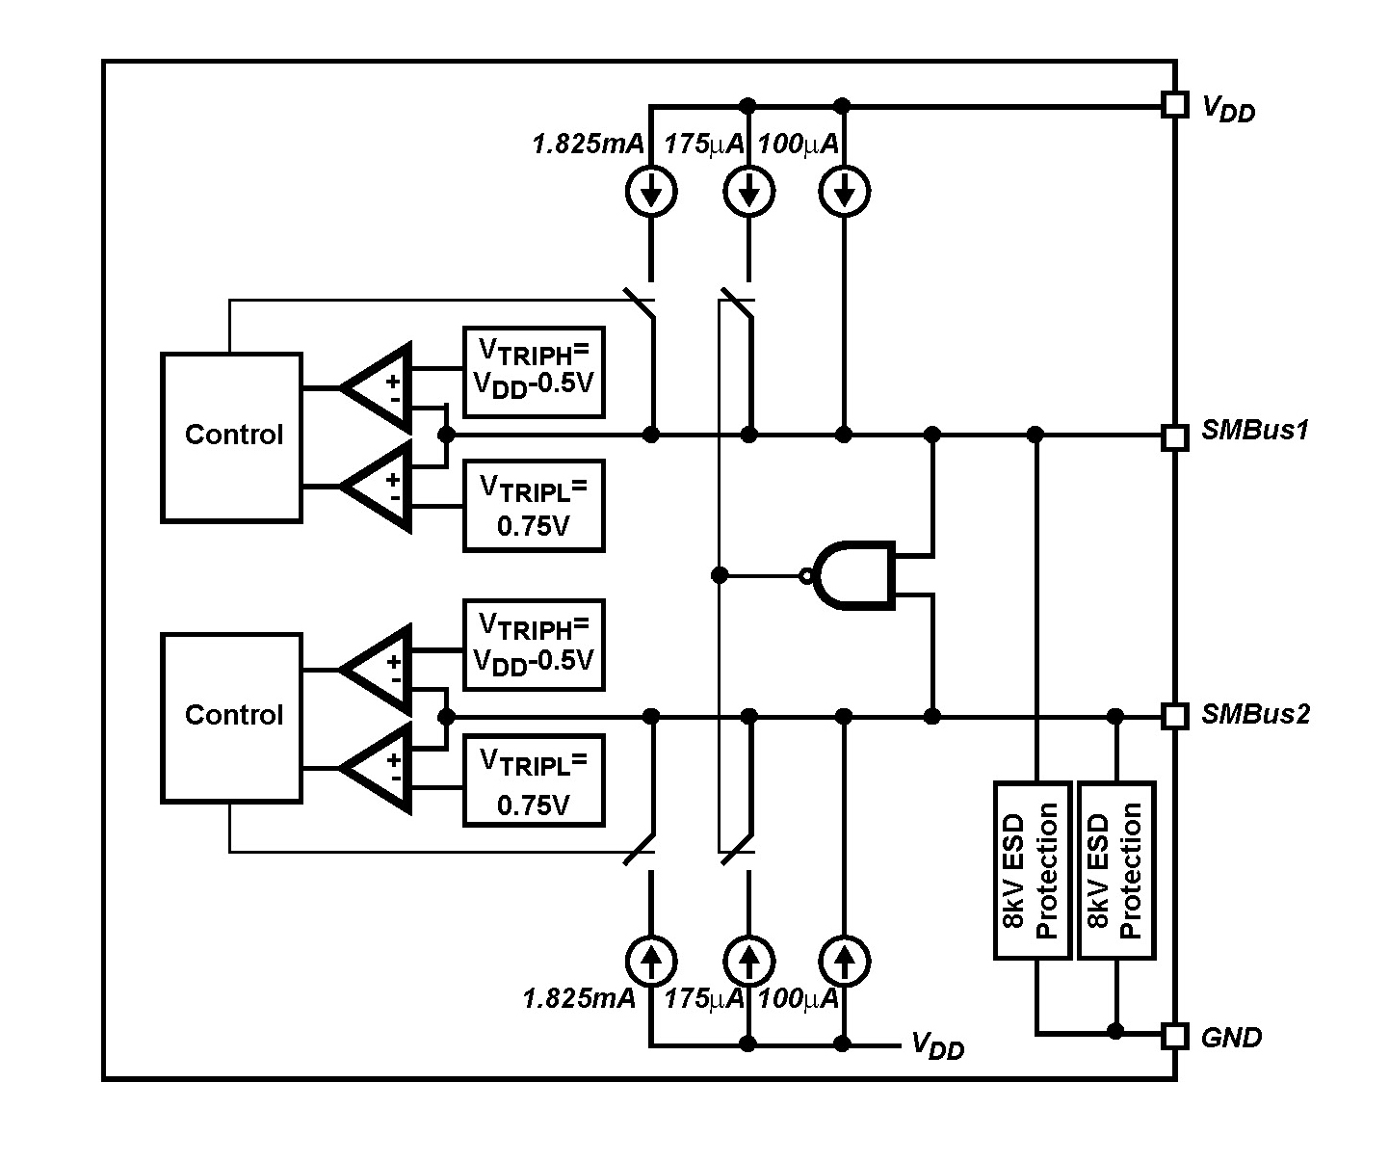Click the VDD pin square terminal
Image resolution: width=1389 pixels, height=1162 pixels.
click(x=1173, y=104)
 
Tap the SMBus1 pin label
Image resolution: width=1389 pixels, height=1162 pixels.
click(x=1255, y=431)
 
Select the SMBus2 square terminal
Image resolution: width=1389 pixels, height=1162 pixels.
click(x=1173, y=716)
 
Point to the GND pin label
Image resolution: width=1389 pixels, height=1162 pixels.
click(x=1231, y=1038)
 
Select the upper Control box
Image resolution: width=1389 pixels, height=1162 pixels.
click(x=231, y=437)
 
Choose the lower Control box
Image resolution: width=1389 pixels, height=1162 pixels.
click(x=231, y=717)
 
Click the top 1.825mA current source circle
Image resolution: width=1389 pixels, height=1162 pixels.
click(x=652, y=193)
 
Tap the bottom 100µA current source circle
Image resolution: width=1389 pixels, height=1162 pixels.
click(x=844, y=960)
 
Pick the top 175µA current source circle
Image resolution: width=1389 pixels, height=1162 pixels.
click(x=748, y=193)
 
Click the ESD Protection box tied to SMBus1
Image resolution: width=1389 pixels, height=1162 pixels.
click(x=1032, y=869)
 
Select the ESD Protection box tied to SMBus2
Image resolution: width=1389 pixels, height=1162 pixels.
click(x=1116, y=869)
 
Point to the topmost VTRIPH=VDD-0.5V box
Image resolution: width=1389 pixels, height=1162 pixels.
click(x=534, y=372)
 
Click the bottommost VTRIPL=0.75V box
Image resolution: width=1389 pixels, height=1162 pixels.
click(x=534, y=781)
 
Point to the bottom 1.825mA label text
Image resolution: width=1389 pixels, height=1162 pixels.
click(x=580, y=998)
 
